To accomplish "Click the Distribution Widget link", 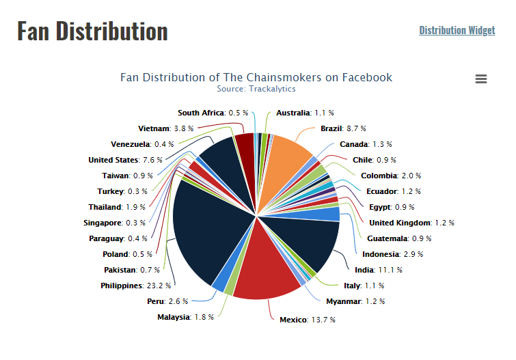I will point(457,30).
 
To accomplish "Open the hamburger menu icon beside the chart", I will point(481,79).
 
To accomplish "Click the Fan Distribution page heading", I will point(92,31).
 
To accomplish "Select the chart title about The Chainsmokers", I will point(256,77).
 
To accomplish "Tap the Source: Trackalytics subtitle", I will point(256,89).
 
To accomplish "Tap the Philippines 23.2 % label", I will point(136,286).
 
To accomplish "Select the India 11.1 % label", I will point(378,270).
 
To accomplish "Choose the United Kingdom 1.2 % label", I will point(411,223).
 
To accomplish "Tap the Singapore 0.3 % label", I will point(115,223).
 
